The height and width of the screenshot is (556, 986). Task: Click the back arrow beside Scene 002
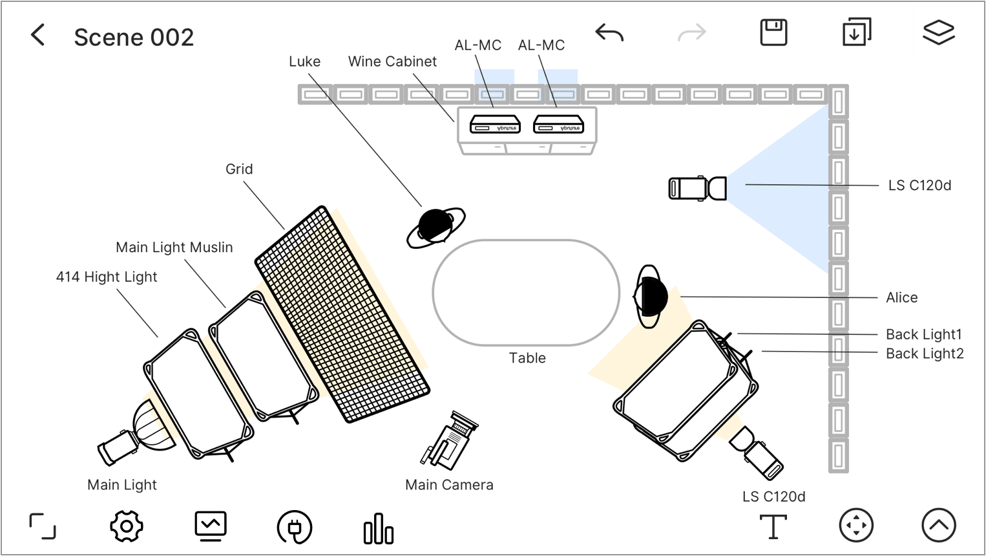click(38, 35)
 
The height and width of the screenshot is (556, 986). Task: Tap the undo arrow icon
click(609, 32)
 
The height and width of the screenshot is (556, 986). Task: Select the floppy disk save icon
click(773, 32)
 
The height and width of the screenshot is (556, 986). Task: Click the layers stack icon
click(938, 32)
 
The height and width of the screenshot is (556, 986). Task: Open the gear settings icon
click(126, 526)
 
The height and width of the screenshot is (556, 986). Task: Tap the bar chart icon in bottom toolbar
click(378, 528)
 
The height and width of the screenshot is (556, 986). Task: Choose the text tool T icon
click(773, 526)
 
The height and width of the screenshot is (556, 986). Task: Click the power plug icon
click(295, 528)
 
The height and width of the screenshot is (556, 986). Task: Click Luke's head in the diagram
click(435, 226)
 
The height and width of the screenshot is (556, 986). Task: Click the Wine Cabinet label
click(392, 61)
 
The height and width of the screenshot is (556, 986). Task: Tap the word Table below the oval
click(527, 358)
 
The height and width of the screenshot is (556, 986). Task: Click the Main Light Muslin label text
click(174, 247)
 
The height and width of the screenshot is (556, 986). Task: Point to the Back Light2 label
click(924, 354)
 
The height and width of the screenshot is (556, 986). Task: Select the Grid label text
click(239, 169)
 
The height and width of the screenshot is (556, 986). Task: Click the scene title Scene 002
click(134, 37)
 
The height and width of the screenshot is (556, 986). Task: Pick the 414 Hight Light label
click(107, 277)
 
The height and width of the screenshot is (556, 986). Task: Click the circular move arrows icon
click(856, 525)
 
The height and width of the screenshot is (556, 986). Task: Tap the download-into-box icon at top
click(856, 32)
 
